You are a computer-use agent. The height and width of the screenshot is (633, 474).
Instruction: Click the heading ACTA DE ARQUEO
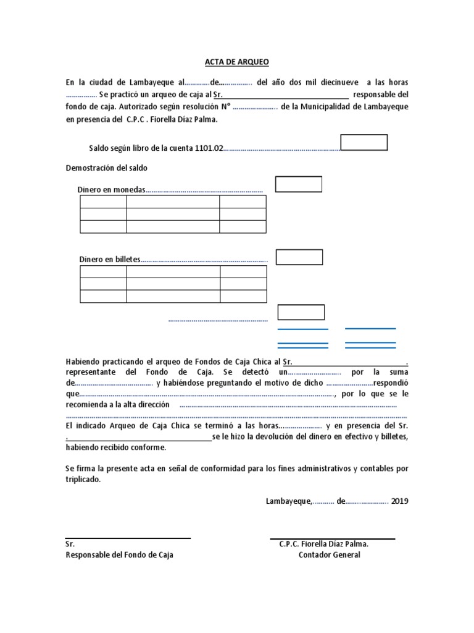tap(237, 62)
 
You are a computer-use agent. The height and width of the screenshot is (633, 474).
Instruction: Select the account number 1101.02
tap(209, 148)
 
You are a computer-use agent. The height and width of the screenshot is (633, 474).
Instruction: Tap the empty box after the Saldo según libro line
tap(364, 143)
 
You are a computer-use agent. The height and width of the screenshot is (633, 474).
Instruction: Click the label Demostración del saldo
tap(106, 168)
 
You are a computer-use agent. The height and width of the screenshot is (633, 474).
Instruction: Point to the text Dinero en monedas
tap(112, 189)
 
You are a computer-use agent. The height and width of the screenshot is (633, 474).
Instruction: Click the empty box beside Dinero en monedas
tap(299, 184)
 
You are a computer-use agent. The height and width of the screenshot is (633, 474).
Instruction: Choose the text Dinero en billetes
tap(110, 259)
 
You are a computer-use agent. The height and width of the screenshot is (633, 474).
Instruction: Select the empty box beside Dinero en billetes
tap(299, 257)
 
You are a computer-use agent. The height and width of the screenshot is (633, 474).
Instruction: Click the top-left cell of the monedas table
tap(103, 202)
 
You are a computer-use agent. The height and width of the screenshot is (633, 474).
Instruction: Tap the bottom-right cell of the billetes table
tap(243, 296)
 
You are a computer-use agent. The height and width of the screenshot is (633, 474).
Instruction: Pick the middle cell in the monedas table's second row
tap(173, 214)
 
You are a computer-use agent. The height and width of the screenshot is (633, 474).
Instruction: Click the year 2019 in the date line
tap(399, 501)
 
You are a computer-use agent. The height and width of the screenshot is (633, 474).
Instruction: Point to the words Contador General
tap(330, 554)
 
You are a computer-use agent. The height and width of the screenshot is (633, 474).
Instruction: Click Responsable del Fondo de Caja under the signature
tap(119, 554)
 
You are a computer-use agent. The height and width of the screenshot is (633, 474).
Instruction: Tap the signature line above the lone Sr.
tap(128, 538)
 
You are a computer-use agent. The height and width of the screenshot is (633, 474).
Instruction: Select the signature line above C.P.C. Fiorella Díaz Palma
tap(332, 538)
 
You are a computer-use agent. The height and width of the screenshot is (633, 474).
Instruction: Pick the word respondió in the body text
tap(390, 383)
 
